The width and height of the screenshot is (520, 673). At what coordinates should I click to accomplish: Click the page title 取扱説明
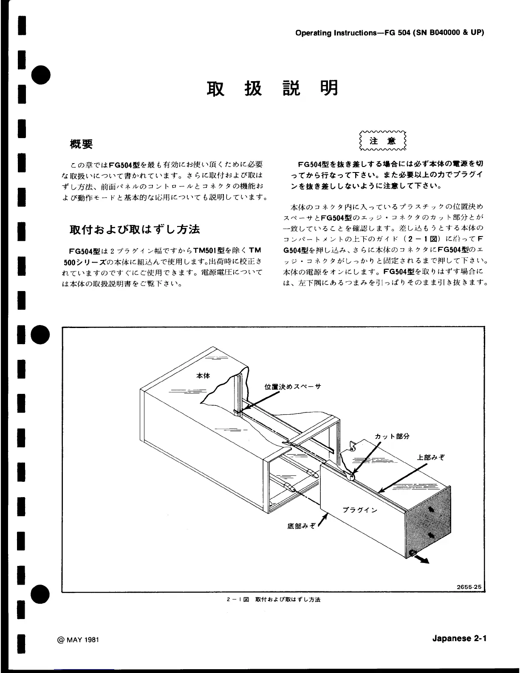pos(272,88)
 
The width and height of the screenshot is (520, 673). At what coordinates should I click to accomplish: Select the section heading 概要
pos(81,144)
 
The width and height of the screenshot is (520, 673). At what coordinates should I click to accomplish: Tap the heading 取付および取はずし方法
pos(135,229)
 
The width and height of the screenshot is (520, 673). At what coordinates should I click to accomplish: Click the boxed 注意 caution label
pos(382,141)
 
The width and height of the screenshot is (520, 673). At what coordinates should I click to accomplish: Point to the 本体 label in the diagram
pos(203,376)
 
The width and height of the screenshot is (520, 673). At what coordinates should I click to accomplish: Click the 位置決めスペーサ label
pos(293,386)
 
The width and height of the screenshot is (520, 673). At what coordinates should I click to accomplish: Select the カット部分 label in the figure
pos(392,436)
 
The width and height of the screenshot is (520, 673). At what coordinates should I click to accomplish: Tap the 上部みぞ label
pos(430,458)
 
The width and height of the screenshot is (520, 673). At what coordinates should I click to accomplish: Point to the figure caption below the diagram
pos(274,599)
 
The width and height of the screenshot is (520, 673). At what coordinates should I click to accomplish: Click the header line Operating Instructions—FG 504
pos(389,33)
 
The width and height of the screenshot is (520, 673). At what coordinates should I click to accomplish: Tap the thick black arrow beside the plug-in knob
pos(422,559)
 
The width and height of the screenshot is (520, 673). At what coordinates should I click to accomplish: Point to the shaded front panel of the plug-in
pos(429,521)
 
